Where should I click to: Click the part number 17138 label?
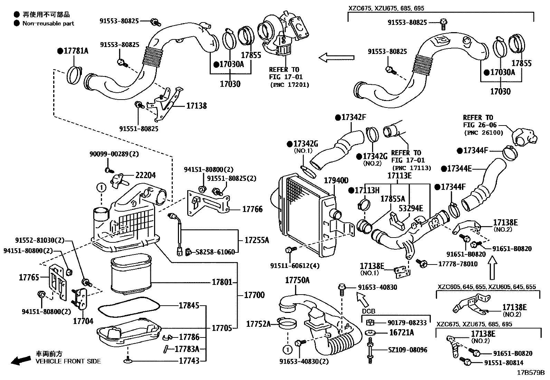[197, 106]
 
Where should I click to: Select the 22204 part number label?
[145, 175]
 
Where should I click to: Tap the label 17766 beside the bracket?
[253, 209]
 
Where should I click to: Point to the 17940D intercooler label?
[336, 180]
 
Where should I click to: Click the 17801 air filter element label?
[222, 282]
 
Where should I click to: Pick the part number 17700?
[254, 295]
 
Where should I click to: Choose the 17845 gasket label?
[189, 306]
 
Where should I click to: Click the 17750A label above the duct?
[297, 280]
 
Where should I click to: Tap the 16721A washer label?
[402, 333]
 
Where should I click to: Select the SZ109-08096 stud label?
[408, 350]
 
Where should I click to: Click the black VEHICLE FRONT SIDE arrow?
[21, 360]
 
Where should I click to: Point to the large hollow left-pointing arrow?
[336, 58]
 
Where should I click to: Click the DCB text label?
[369, 311]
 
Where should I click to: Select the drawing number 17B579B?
[531, 373]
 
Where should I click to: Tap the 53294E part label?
[411, 208]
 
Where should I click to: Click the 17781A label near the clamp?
[76, 51]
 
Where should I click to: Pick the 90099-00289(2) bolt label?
[114, 154]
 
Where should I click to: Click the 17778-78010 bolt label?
[458, 264]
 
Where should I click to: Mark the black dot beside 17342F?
[338, 118]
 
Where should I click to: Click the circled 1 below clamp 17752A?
[287, 350]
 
